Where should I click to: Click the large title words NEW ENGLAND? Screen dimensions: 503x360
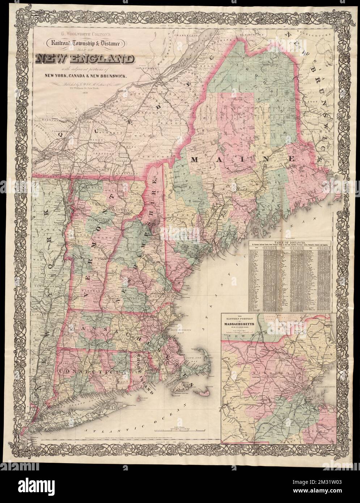[84, 59]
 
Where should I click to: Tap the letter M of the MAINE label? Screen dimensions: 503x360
[196, 159]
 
